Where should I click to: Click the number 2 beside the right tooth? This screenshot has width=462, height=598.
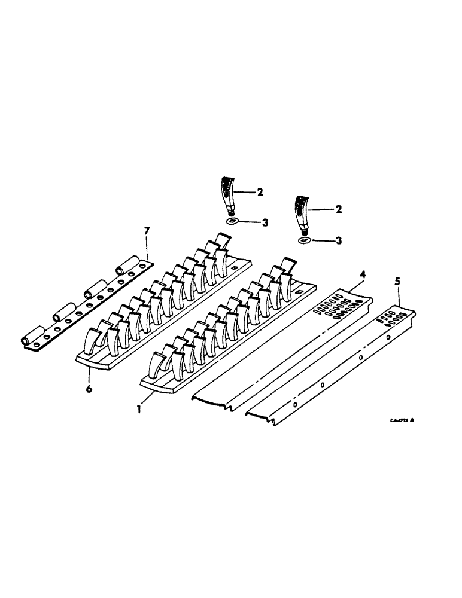[339, 210]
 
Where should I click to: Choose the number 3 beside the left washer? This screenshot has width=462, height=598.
[265, 222]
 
